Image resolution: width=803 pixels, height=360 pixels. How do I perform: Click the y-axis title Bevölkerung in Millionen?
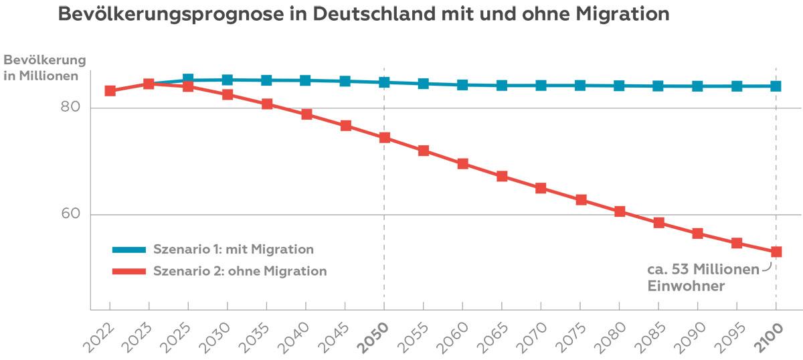[x=45, y=68]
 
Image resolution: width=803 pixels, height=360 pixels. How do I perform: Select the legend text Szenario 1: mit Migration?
[x=233, y=250]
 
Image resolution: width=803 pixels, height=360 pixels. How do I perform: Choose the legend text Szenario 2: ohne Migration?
[x=240, y=271]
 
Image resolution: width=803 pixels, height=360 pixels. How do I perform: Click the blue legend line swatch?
[x=128, y=250]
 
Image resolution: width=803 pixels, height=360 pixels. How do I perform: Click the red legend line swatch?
[x=128, y=271]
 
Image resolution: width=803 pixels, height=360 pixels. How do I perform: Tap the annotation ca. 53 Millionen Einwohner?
[x=702, y=277]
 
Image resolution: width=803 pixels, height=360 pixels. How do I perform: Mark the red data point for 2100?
[x=776, y=252]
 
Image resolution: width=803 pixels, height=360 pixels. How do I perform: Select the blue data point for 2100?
[x=776, y=86]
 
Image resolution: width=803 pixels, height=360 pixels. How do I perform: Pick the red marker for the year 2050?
[x=384, y=138]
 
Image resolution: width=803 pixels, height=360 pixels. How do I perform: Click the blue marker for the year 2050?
[x=384, y=82]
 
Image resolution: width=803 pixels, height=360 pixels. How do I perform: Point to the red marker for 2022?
[x=110, y=91]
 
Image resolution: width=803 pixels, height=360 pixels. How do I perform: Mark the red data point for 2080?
[x=620, y=211]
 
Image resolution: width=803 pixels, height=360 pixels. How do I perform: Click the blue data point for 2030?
[x=228, y=80]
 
